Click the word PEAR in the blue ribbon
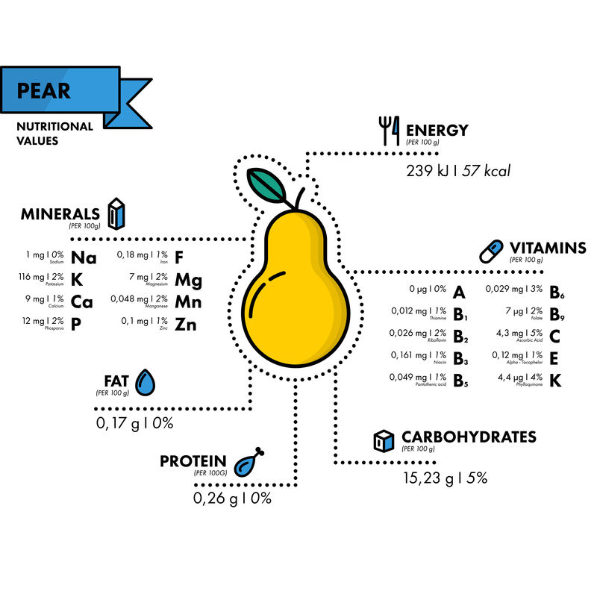[x=44, y=91]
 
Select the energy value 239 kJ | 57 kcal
[x=458, y=170]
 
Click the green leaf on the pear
[x=265, y=184]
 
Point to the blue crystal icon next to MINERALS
[x=116, y=213]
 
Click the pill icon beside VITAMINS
[x=492, y=250]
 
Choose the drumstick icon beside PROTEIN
[x=249, y=463]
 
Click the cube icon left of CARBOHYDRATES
[x=383, y=440]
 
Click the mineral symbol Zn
[x=186, y=325]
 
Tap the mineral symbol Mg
[x=188, y=281]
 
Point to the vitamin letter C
[x=554, y=336]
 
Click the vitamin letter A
[x=459, y=293]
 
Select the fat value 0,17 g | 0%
[x=134, y=424]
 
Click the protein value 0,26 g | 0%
[x=233, y=498]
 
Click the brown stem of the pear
[x=299, y=199]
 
